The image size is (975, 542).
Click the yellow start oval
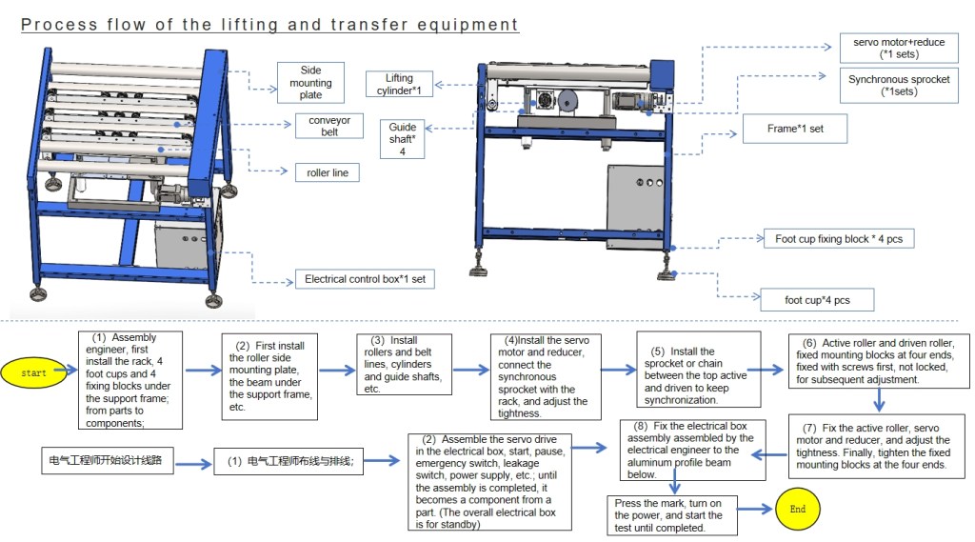pyautogui.click(x=33, y=372)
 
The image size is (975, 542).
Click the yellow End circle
pyautogui.click(x=797, y=509)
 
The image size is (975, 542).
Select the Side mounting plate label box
pyautogui.click(x=310, y=83)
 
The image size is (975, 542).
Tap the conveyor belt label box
pyautogui.click(x=329, y=127)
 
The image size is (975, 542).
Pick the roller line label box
pyautogui.click(x=327, y=172)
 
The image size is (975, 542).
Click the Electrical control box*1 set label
pyautogui.click(x=365, y=280)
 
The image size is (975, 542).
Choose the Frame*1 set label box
pyautogui.click(x=796, y=129)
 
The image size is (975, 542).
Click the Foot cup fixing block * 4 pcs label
pyautogui.click(x=838, y=239)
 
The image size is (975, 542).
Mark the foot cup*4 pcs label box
pyautogui.click(x=816, y=300)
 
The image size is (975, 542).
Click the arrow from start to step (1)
pyautogui.click(x=71, y=372)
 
